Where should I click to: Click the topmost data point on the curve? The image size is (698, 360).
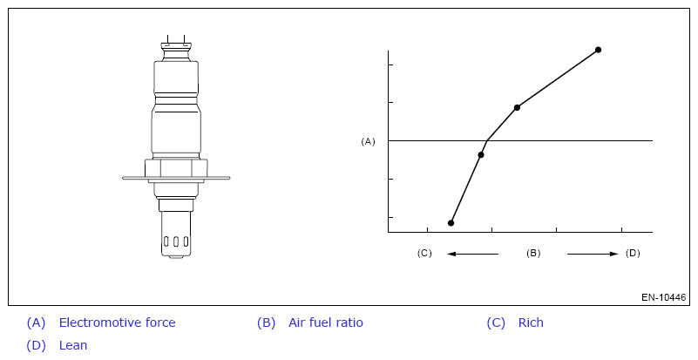click(x=599, y=50)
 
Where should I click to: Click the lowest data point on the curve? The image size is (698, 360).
click(x=451, y=223)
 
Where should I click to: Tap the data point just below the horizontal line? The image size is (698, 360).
click(x=481, y=155)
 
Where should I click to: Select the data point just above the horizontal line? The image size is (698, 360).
click(x=517, y=107)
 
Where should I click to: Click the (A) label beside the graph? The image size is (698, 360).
click(x=368, y=141)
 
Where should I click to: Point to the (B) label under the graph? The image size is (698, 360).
click(x=533, y=253)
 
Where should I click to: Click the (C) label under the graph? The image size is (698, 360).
click(x=424, y=253)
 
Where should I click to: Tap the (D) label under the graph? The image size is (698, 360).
click(x=633, y=253)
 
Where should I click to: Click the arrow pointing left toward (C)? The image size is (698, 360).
click(x=473, y=254)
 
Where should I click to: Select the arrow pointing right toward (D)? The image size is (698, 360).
click(x=593, y=254)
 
